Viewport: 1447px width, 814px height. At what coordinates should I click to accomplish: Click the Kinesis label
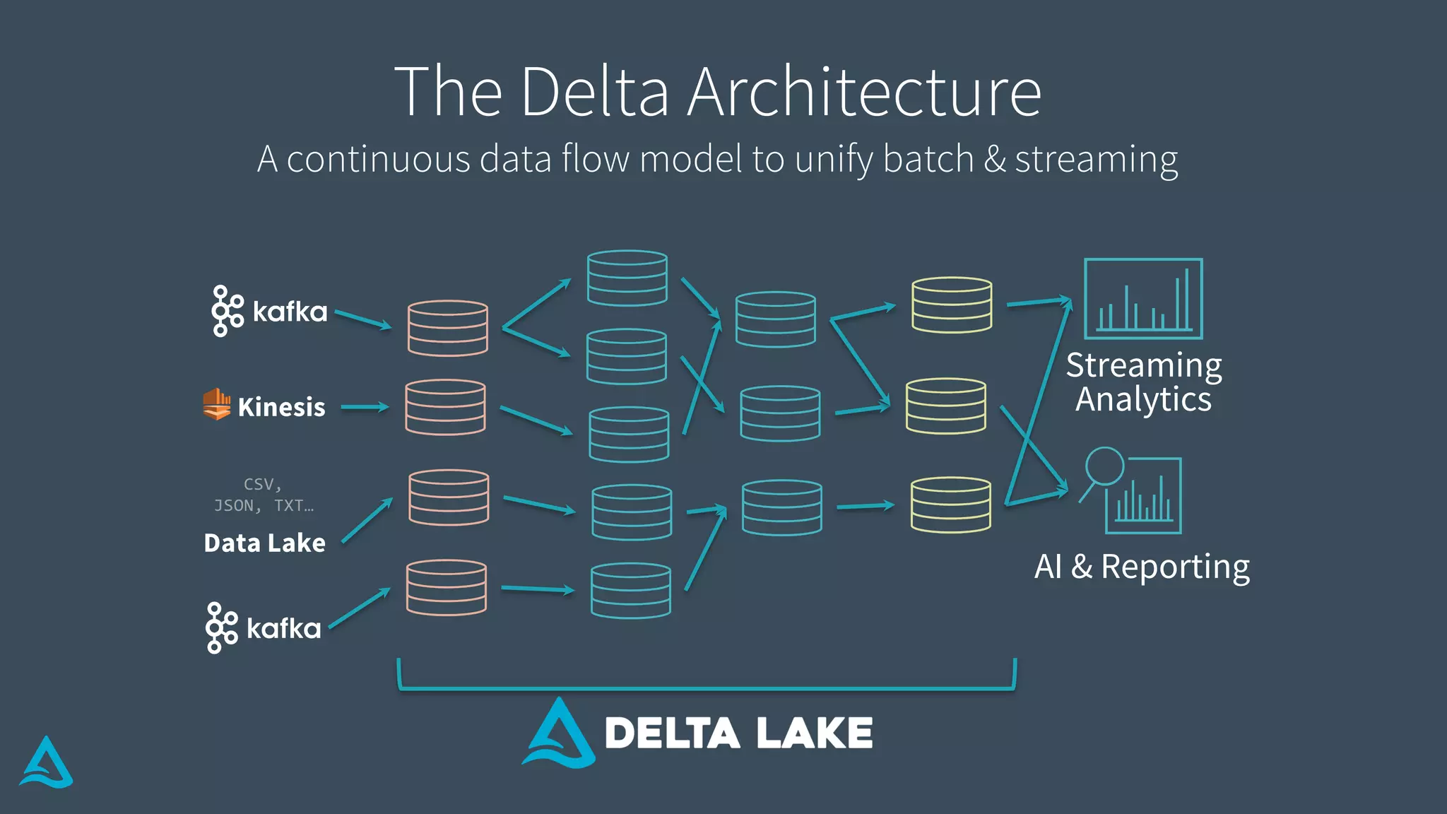click(x=281, y=407)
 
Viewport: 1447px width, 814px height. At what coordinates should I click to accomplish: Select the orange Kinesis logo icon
click(x=217, y=404)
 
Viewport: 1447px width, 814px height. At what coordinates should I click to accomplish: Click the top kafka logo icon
click(x=227, y=311)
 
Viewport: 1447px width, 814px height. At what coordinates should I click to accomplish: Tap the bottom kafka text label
click(x=284, y=628)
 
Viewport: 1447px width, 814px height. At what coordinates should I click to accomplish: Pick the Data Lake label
click(x=265, y=543)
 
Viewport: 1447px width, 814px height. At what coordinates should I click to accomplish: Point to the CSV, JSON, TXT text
click(x=264, y=495)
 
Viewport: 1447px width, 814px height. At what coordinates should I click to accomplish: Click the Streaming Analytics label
click(x=1143, y=382)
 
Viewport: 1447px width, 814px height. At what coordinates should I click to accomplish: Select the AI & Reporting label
click(x=1142, y=567)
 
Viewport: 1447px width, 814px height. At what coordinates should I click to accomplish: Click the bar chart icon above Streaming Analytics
click(x=1143, y=299)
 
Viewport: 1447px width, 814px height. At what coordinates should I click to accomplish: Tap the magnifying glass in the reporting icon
click(x=1104, y=466)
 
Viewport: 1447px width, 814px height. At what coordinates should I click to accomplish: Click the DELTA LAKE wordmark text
click(x=738, y=733)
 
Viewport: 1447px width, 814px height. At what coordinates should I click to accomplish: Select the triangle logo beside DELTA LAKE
click(x=559, y=735)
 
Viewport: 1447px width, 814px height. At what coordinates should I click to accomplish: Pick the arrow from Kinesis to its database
click(x=365, y=407)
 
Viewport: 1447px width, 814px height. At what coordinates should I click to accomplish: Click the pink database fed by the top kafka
click(x=448, y=328)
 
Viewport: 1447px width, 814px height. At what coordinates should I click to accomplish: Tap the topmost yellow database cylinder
click(x=952, y=305)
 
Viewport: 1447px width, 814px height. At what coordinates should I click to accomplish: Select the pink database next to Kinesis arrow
click(x=445, y=407)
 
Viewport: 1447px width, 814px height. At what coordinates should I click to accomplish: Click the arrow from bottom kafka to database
click(x=360, y=608)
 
